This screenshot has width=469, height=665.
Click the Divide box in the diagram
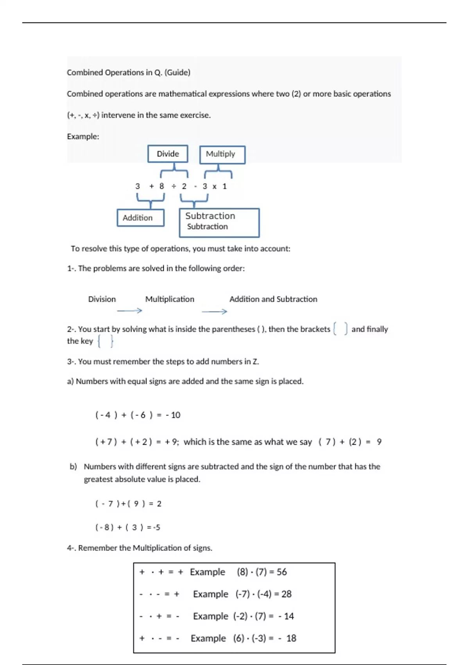tap(168, 154)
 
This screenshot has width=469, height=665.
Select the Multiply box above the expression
tap(222, 154)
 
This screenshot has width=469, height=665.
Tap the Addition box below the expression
tap(140, 218)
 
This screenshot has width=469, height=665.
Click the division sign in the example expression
tap(174, 187)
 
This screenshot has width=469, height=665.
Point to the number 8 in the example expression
tap(161, 186)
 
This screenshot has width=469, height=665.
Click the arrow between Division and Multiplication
tap(129, 311)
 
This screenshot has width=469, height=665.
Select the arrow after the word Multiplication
tap(214, 311)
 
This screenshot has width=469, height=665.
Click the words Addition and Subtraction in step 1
tap(273, 299)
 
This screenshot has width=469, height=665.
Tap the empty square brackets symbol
tap(340, 329)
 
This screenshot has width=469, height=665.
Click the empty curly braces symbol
tap(106, 341)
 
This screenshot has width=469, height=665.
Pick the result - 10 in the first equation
tap(173, 415)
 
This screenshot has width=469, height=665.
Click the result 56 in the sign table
tap(282, 572)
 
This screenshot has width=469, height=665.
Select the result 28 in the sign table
tap(286, 594)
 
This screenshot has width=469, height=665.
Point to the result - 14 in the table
tap(286, 616)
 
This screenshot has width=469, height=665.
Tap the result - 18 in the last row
tap(288, 638)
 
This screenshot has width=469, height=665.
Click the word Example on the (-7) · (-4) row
tap(210, 594)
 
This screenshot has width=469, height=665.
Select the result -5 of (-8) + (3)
tap(156, 527)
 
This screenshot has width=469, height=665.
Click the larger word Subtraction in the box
tap(210, 216)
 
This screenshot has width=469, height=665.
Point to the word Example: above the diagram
tap(83, 137)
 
